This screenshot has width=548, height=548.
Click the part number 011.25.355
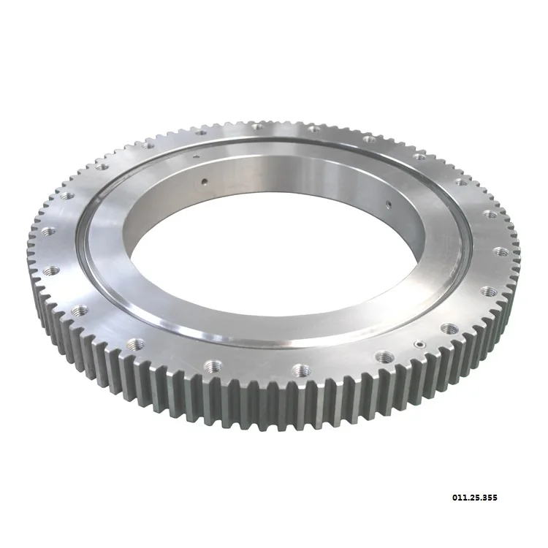click(476, 498)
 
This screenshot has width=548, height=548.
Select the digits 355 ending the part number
click(490, 498)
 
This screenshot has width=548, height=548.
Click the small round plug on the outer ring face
click(419, 343)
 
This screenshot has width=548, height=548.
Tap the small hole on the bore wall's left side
click(205, 180)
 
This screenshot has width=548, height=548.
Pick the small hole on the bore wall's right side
click(389, 205)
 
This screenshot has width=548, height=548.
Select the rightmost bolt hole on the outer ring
click(501, 251)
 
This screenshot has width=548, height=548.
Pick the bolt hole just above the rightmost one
click(490, 214)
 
